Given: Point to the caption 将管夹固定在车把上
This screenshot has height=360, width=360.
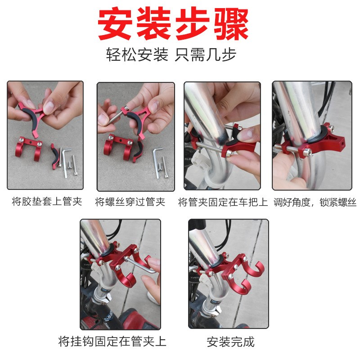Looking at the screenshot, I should (x=223, y=201).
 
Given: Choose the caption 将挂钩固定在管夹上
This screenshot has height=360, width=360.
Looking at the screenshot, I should (x=112, y=341).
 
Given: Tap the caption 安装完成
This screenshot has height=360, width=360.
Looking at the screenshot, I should (x=230, y=342).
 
